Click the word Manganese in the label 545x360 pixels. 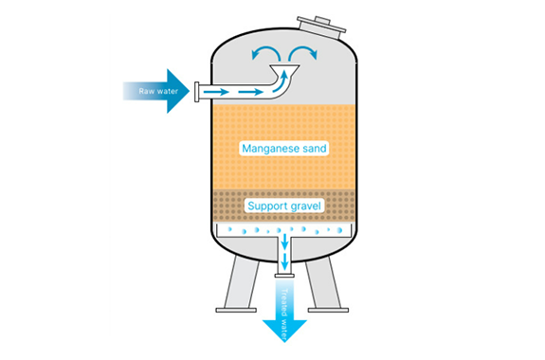(270, 149)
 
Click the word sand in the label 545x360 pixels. (315, 149)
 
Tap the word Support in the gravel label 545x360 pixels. (267, 207)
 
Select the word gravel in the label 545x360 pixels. (305, 207)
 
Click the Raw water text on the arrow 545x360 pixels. (158, 91)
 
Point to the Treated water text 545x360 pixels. (284, 315)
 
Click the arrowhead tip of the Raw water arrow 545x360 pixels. (190, 91)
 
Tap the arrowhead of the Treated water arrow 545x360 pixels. (284, 331)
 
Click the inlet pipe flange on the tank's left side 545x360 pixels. (197, 92)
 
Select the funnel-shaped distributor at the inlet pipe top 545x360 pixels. (284, 70)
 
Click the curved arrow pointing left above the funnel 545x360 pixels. (265, 53)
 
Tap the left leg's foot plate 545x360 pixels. (236, 310)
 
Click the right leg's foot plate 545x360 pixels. (328, 310)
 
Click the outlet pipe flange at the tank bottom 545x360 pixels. (284, 276)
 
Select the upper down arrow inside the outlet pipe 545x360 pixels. (284, 242)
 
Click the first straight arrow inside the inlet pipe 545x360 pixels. (216, 92)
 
